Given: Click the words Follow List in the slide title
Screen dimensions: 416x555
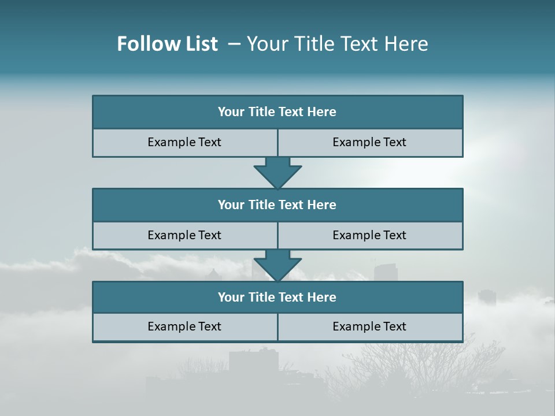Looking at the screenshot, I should [167, 44].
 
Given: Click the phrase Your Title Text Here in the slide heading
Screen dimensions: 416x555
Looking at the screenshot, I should [337, 44].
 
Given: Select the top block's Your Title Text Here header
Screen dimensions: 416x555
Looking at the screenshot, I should [277, 112].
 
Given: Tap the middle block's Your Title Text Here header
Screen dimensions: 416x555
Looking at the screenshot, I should [277, 205].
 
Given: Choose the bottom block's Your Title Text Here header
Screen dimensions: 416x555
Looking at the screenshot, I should [277, 297].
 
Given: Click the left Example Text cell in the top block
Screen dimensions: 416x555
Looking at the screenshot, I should [184, 142].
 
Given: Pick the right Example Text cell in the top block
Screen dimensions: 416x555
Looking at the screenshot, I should [369, 142].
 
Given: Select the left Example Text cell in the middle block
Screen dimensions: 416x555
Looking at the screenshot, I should [184, 235].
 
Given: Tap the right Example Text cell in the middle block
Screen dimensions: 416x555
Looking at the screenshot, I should [369, 235].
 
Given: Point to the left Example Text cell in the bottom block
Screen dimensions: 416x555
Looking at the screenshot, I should [184, 326].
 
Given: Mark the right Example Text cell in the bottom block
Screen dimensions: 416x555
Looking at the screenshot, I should [369, 326].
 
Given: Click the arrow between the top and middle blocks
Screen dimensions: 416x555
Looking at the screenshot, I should [277, 173].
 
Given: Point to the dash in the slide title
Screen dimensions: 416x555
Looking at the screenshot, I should [234, 44].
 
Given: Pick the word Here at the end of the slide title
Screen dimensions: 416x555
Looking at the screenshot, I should [408, 44].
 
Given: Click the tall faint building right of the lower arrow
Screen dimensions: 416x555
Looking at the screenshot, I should [384, 273].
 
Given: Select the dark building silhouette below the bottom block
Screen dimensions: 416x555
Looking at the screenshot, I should [253, 361].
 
